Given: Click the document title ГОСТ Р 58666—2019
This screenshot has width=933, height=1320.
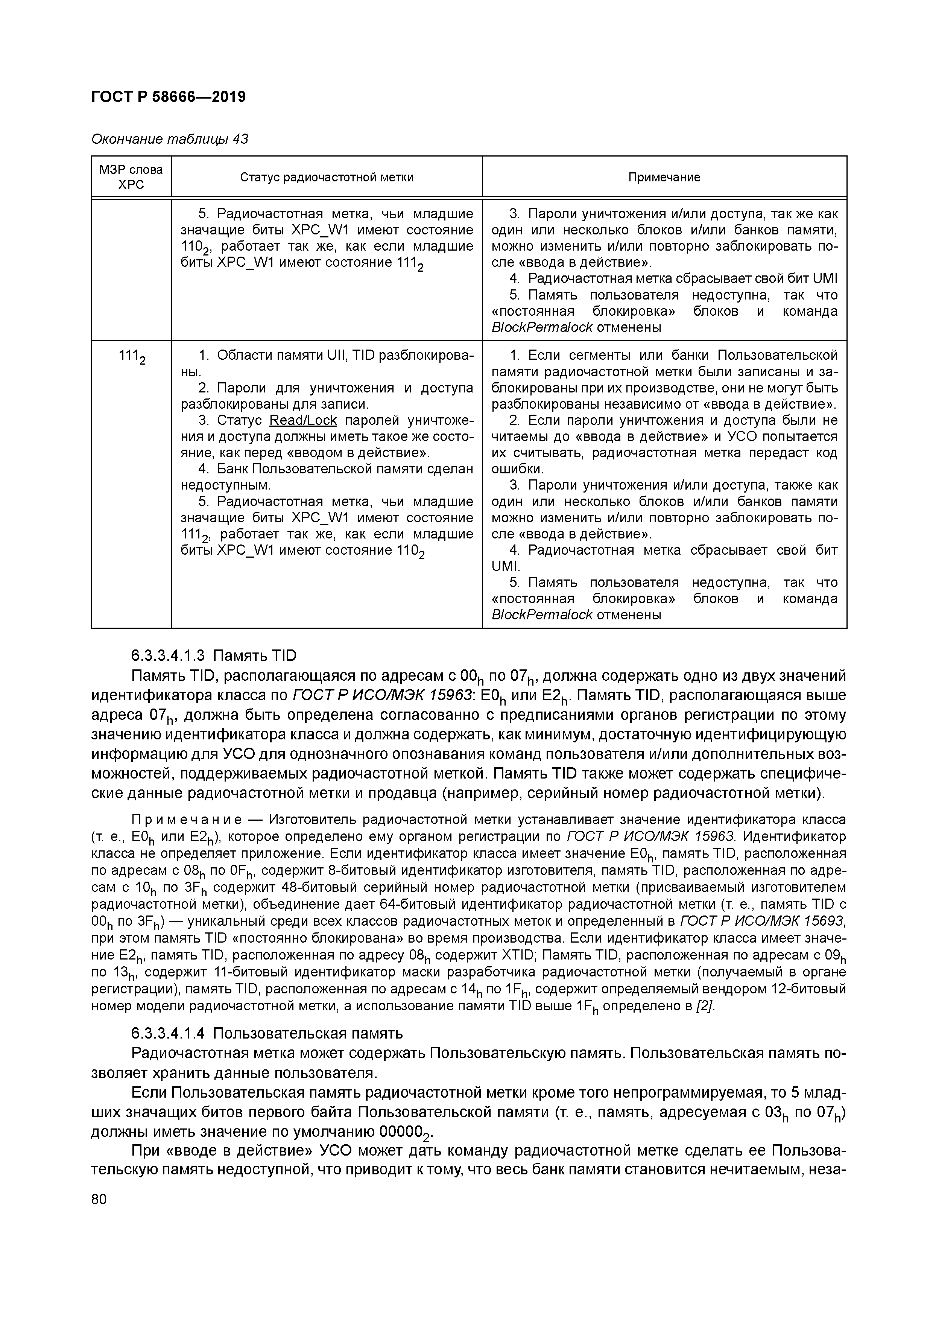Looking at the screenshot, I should (169, 97).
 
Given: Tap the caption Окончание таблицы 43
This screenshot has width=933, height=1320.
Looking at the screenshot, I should (170, 139).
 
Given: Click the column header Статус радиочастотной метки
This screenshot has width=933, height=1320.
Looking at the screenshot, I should (327, 177).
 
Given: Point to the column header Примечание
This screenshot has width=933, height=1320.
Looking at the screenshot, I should (664, 177).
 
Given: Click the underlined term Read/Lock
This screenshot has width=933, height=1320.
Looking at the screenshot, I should (303, 420).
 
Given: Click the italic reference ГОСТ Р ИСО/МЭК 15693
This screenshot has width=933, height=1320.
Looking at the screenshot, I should (762, 922).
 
